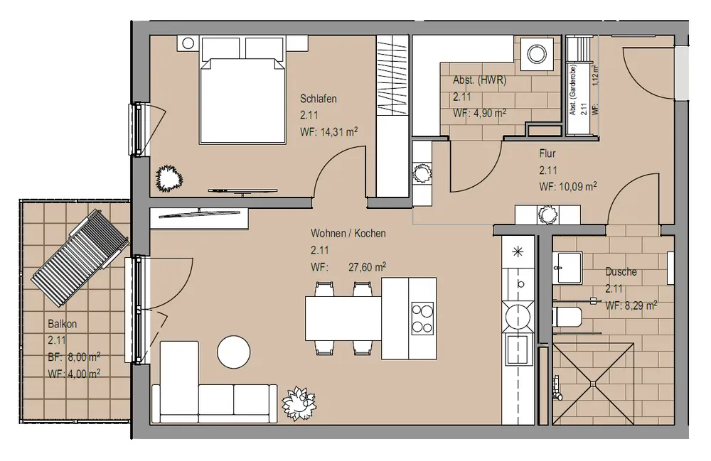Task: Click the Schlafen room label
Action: pos(319,98)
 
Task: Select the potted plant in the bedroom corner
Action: pos(169,178)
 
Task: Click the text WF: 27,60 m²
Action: pos(348,267)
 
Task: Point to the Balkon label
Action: pos(62,324)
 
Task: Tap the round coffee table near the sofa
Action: pos(233,352)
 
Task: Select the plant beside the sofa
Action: pos(298,403)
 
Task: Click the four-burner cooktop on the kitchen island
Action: pos(422,319)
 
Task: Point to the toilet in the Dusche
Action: pos(567,317)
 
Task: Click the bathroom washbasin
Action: pos(567,267)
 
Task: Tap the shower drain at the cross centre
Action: pos(593,384)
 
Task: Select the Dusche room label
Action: pos(621,272)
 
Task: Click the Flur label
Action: pos(547,153)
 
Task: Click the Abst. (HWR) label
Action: pos(479,80)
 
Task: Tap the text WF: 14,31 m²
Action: pos(328,132)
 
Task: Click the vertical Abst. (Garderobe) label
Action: pos(573,90)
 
